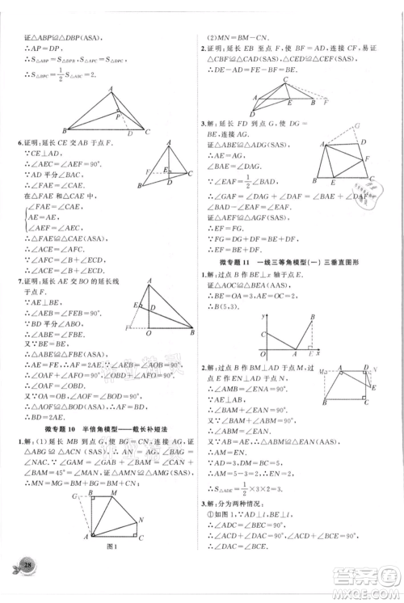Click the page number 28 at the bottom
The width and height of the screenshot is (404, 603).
[x=30, y=584]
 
